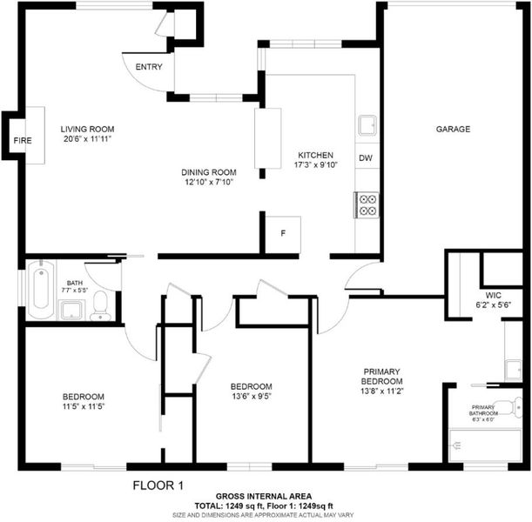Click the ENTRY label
[149, 67]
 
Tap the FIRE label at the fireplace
[23, 140]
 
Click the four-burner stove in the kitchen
[367, 205]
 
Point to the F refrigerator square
[283, 235]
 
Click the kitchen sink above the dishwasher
[367, 125]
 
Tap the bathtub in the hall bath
[41, 289]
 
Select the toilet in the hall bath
[100, 306]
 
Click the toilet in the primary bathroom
[512, 407]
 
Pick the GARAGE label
[453, 129]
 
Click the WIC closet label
[494, 295]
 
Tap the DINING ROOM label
[209, 172]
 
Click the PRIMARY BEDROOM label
[382, 376]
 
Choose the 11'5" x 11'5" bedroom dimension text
[84, 406]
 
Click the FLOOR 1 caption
[158, 485]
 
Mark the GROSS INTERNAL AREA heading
[264, 497]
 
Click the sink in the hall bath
[71, 310]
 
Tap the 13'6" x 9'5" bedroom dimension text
[252, 396]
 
